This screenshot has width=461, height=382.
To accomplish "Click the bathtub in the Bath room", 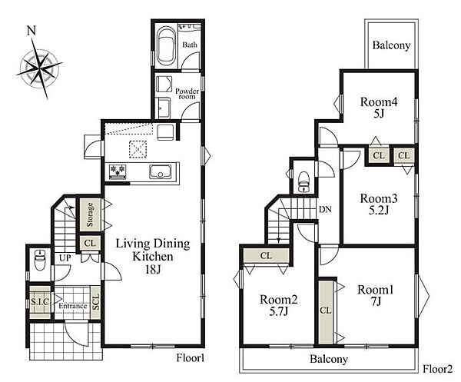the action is pos(166,46).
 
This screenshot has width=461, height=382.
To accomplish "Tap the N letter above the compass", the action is pos(32,30).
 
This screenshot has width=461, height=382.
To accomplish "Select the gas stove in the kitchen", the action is pos(118,171).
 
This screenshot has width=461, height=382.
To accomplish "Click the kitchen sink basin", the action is pos(161,171).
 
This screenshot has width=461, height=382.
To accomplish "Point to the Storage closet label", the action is pos(90,214).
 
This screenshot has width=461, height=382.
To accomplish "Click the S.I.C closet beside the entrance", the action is pos(40,302).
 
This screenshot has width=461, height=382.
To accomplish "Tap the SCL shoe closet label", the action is pos(96,302).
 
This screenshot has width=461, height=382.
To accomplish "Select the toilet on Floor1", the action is pos(39,260).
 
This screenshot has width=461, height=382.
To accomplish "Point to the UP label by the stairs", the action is pos(65,258).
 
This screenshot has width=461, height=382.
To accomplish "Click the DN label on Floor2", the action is pos(325,209).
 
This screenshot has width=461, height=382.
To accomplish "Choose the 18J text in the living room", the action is pos(153,269).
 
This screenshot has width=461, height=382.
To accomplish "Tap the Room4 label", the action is pos(379,101).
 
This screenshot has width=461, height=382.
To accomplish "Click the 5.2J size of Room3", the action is pos(379,211).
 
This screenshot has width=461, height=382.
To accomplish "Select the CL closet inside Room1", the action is pos(326,312).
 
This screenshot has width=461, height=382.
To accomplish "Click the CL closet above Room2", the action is pos(266,255).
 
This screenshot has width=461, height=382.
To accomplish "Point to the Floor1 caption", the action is pos(190,358).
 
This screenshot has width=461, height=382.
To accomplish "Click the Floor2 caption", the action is pos(437,369).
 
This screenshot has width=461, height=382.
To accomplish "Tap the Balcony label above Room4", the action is pos(391,45).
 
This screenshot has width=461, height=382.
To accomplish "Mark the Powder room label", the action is pos(187,94).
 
